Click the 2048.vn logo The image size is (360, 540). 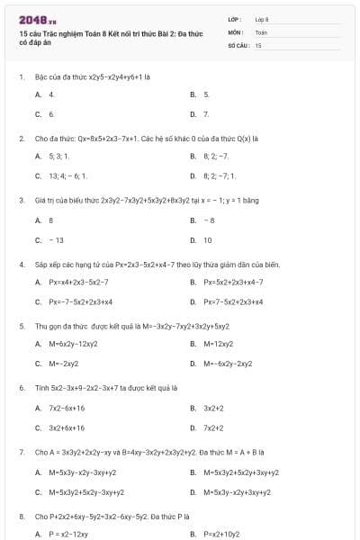38,19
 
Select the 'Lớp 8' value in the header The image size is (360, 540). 262,19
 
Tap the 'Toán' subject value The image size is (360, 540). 261,31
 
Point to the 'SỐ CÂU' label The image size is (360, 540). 238,44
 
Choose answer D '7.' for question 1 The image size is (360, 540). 206,114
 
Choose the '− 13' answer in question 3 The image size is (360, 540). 57,240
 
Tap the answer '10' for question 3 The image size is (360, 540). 208,240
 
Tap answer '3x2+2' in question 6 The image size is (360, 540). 213,408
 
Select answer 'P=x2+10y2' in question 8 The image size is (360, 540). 222,534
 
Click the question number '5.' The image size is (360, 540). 22,326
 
